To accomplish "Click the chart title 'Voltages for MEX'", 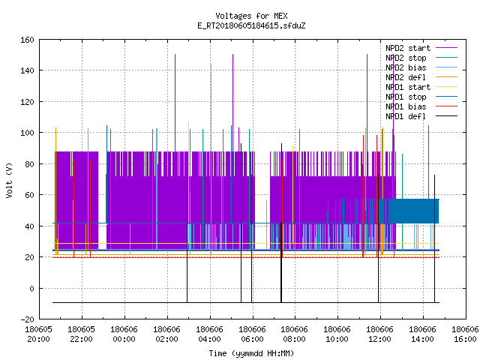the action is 251,16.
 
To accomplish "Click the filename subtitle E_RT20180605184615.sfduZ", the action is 251,25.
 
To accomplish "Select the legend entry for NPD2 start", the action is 421,48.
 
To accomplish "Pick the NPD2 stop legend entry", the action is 421,58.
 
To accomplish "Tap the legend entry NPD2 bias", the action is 421,67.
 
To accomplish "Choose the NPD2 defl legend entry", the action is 421,77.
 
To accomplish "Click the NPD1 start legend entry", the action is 421,87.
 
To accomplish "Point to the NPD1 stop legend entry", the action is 421,97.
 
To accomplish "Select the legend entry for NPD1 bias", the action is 421,106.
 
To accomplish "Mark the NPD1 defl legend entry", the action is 421,117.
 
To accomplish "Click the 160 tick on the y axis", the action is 27,40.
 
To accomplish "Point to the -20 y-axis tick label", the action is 27,319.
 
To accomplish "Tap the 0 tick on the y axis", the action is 31,289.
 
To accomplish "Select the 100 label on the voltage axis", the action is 27,133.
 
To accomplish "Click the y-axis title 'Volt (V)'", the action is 9,181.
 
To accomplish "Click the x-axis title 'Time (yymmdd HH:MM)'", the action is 251,353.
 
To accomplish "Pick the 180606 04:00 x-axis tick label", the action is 210,334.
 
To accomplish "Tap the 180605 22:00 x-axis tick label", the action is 82,334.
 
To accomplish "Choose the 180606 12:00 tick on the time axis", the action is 380,334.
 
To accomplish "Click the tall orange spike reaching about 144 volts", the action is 211,159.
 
